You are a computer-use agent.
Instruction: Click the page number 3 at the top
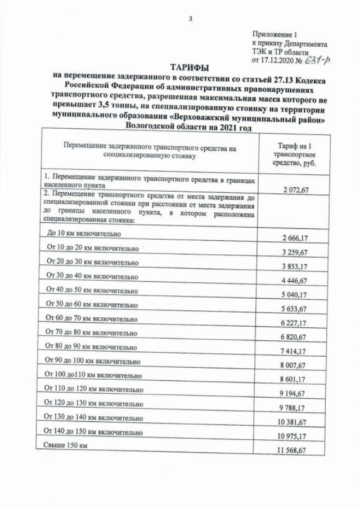(x=191, y=19)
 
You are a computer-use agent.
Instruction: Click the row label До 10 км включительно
(x=84, y=234)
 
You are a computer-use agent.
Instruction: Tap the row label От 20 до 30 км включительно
(x=92, y=262)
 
